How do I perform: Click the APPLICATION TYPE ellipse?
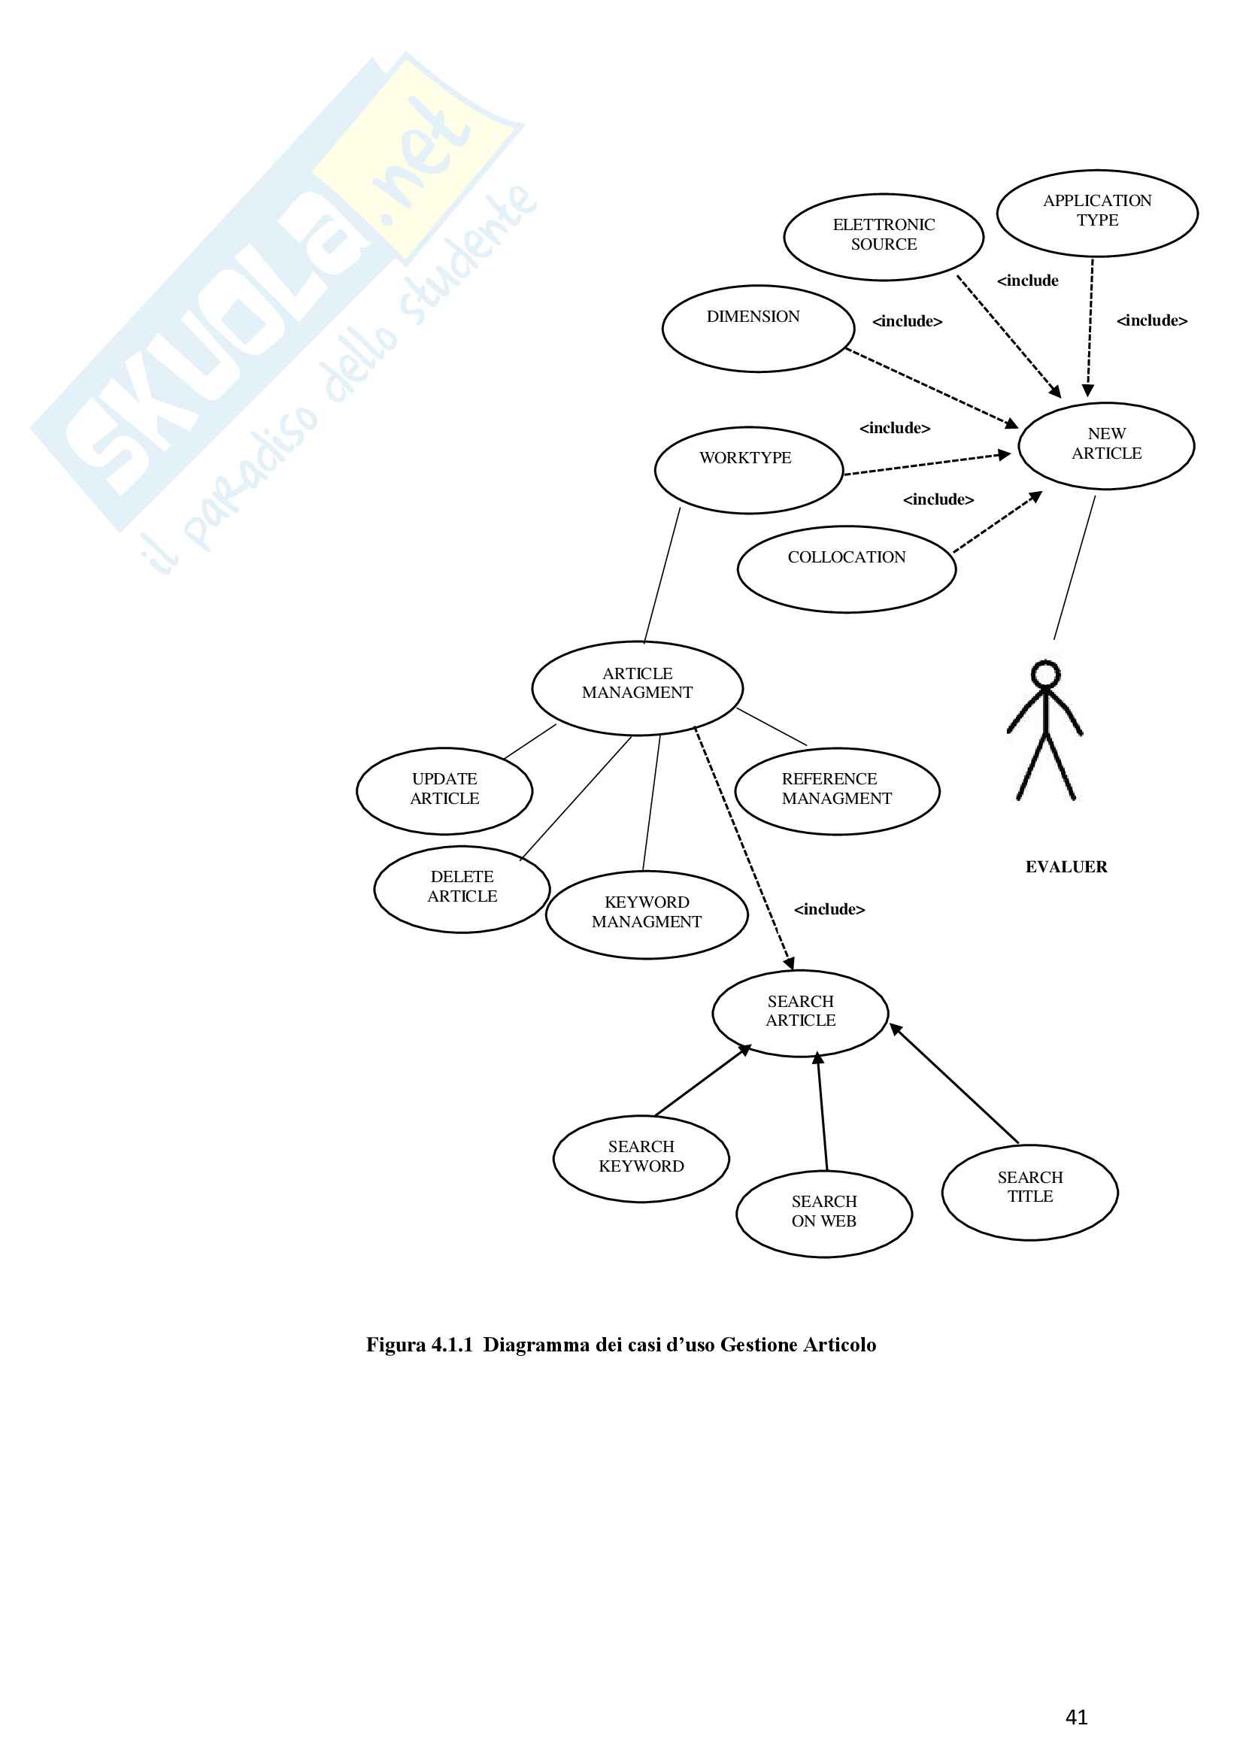[x=1096, y=213]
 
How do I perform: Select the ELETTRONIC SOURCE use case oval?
[x=883, y=237]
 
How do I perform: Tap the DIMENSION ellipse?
[x=757, y=329]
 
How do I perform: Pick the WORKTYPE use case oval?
[x=748, y=469]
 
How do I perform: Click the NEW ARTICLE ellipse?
[x=1106, y=445]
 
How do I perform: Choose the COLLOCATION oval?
[x=846, y=569]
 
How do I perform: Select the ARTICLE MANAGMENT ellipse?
[x=637, y=687]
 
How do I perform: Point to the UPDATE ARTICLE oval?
[x=444, y=790]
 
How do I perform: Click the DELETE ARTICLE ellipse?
[x=462, y=889]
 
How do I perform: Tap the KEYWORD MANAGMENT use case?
[x=647, y=914]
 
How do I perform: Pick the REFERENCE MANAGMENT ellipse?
[x=836, y=790]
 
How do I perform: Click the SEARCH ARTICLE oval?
[x=800, y=1013]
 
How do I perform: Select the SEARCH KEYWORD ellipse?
[x=641, y=1158]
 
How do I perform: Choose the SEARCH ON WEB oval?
[x=824, y=1214]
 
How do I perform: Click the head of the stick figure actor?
[x=1044, y=674]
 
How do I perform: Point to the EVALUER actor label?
[x=1066, y=866]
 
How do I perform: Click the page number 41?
[x=1076, y=1717]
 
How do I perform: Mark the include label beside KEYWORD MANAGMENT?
[x=829, y=909]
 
